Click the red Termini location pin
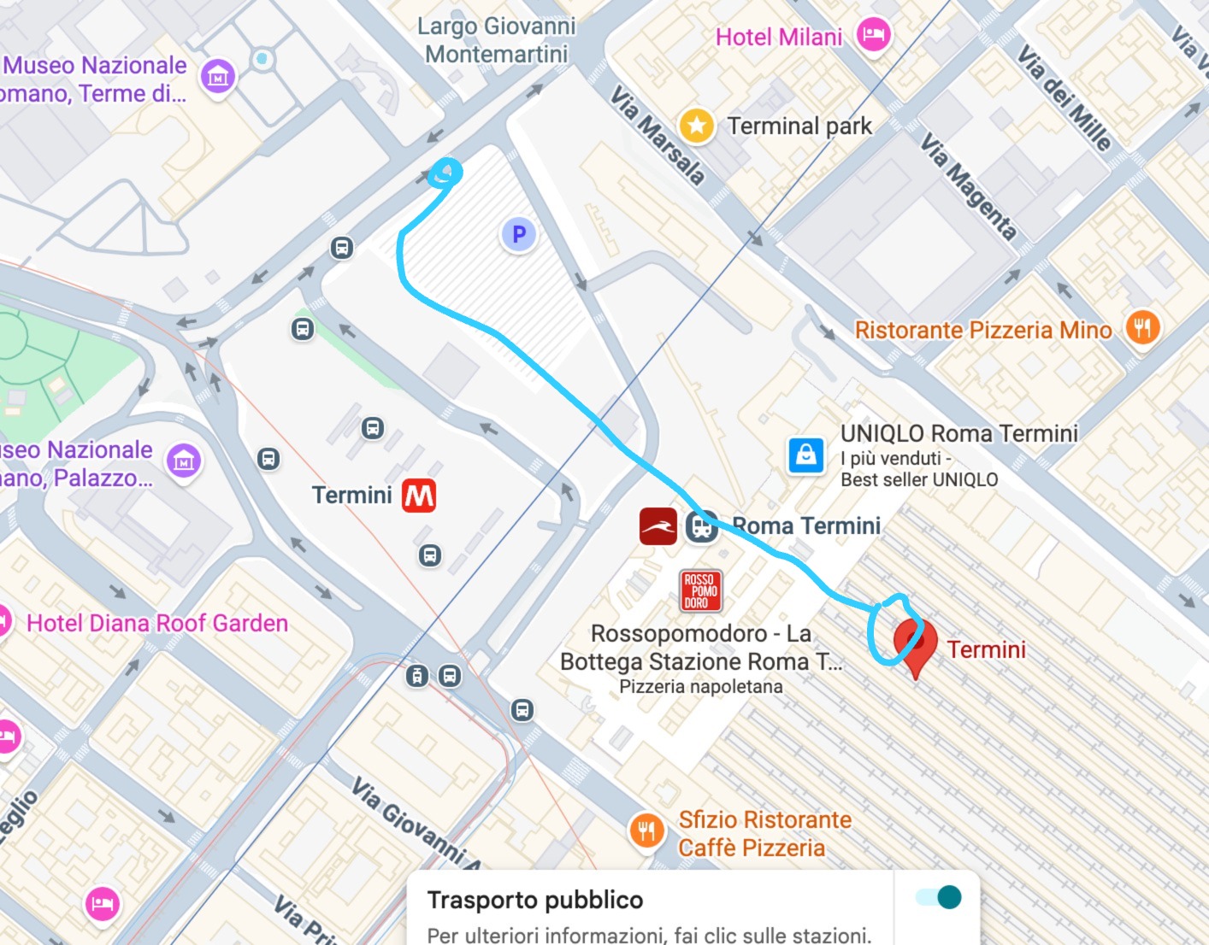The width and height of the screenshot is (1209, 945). click(915, 642)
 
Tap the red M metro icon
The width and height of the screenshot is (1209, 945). click(419, 496)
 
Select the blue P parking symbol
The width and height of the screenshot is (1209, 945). click(518, 234)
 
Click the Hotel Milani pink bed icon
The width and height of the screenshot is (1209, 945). click(873, 36)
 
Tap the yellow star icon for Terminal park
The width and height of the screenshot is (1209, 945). click(696, 126)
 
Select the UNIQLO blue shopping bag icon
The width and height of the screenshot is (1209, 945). click(805, 455)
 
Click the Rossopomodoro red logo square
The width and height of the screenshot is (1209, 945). click(700, 590)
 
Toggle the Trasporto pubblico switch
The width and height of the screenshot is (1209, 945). click(938, 897)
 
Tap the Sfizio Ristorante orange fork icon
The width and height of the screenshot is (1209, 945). click(646, 830)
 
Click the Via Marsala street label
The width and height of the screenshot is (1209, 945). click(658, 136)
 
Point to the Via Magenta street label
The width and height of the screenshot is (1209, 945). click(969, 186)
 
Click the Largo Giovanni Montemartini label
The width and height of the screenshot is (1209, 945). click(496, 40)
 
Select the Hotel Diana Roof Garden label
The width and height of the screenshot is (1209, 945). click(157, 623)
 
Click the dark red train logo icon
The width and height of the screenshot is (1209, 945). click(658, 526)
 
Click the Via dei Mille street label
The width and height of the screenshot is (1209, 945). click(1065, 97)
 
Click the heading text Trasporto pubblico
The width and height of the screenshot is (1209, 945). click(534, 900)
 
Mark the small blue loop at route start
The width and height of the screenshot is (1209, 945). click(445, 173)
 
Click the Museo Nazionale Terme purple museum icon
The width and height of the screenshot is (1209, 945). click(217, 77)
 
